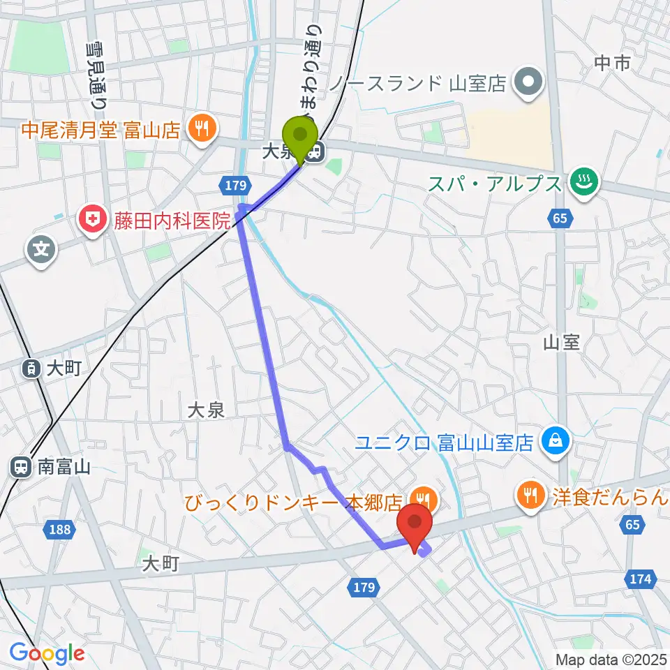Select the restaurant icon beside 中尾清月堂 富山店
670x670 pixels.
[x=202, y=128]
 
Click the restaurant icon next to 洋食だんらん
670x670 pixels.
[x=530, y=496]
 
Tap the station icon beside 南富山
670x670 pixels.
[x=21, y=467]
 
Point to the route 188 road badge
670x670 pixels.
[x=61, y=530]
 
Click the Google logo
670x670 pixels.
[x=47, y=654]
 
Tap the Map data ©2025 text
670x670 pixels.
[x=611, y=659]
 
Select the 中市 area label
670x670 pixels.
[x=612, y=64]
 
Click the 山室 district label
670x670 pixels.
[x=561, y=342]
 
